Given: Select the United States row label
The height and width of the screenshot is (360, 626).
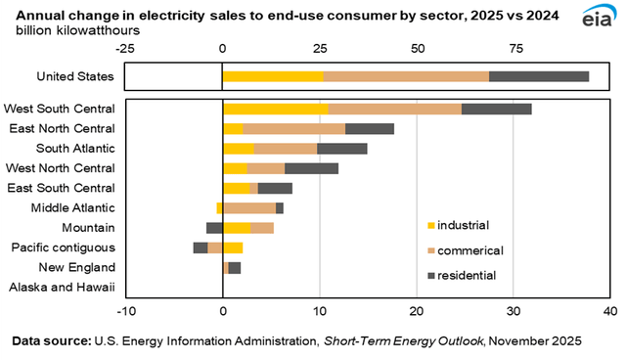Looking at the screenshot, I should click(75, 76).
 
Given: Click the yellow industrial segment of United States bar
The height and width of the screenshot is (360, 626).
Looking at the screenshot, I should click(272, 76).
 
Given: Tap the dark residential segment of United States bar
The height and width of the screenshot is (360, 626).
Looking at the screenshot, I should click(539, 76).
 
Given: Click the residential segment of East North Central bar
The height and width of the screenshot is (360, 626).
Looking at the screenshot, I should click(370, 128).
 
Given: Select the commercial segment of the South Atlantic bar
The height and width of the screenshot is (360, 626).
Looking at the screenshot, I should click(285, 149).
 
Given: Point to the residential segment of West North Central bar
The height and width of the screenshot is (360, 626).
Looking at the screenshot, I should click(311, 168).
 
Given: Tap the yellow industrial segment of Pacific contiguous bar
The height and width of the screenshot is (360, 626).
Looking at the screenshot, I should click(233, 247).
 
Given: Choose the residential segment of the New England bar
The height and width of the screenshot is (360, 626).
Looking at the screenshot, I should click(235, 267).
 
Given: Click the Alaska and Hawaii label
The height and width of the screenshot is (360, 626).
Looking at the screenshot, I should click(62, 288).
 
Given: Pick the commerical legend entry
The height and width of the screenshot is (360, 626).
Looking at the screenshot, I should click(469, 250).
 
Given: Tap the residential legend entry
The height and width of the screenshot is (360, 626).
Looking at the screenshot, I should click(467, 276).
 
